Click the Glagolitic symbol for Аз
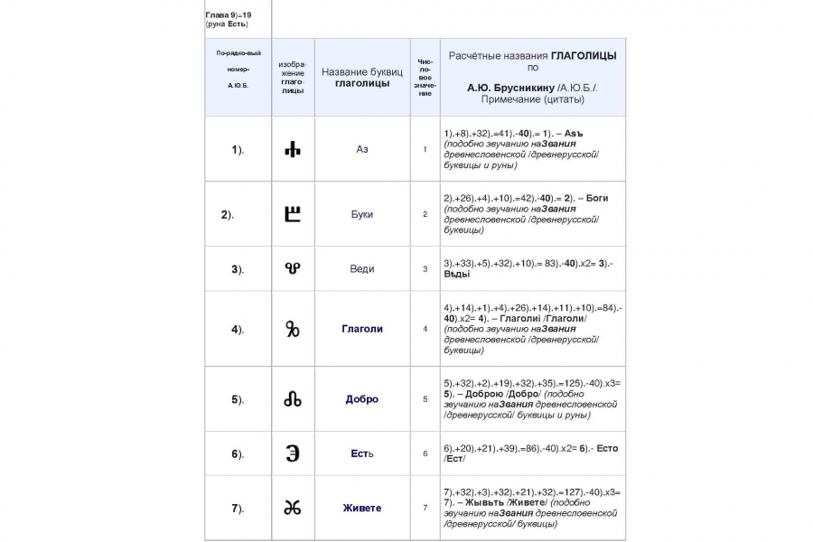tap(293, 149)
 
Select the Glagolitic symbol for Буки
tap(293, 214)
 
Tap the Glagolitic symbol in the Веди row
tap(293, 268)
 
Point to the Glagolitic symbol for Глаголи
tap(293, 329)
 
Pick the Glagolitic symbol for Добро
tap(293, 399)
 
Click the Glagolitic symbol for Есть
tap(293, 453)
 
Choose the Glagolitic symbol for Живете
tap(293, 508)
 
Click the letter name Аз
tap(362, 149)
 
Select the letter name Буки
tap(362, 214)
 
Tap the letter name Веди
tap(362, 268)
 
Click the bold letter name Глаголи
tap(362, 329)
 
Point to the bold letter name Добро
tap(362, 399)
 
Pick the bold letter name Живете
tap(362, 508)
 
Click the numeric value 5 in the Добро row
tap(425, 399)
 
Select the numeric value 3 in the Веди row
tap(425, 268)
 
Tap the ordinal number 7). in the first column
tap(238, 509)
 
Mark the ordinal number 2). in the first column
tap(228, 215)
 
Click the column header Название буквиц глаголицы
tap(362, 78)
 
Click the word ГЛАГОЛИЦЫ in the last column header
tap(584, 55)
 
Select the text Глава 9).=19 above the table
tap(228, 15)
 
